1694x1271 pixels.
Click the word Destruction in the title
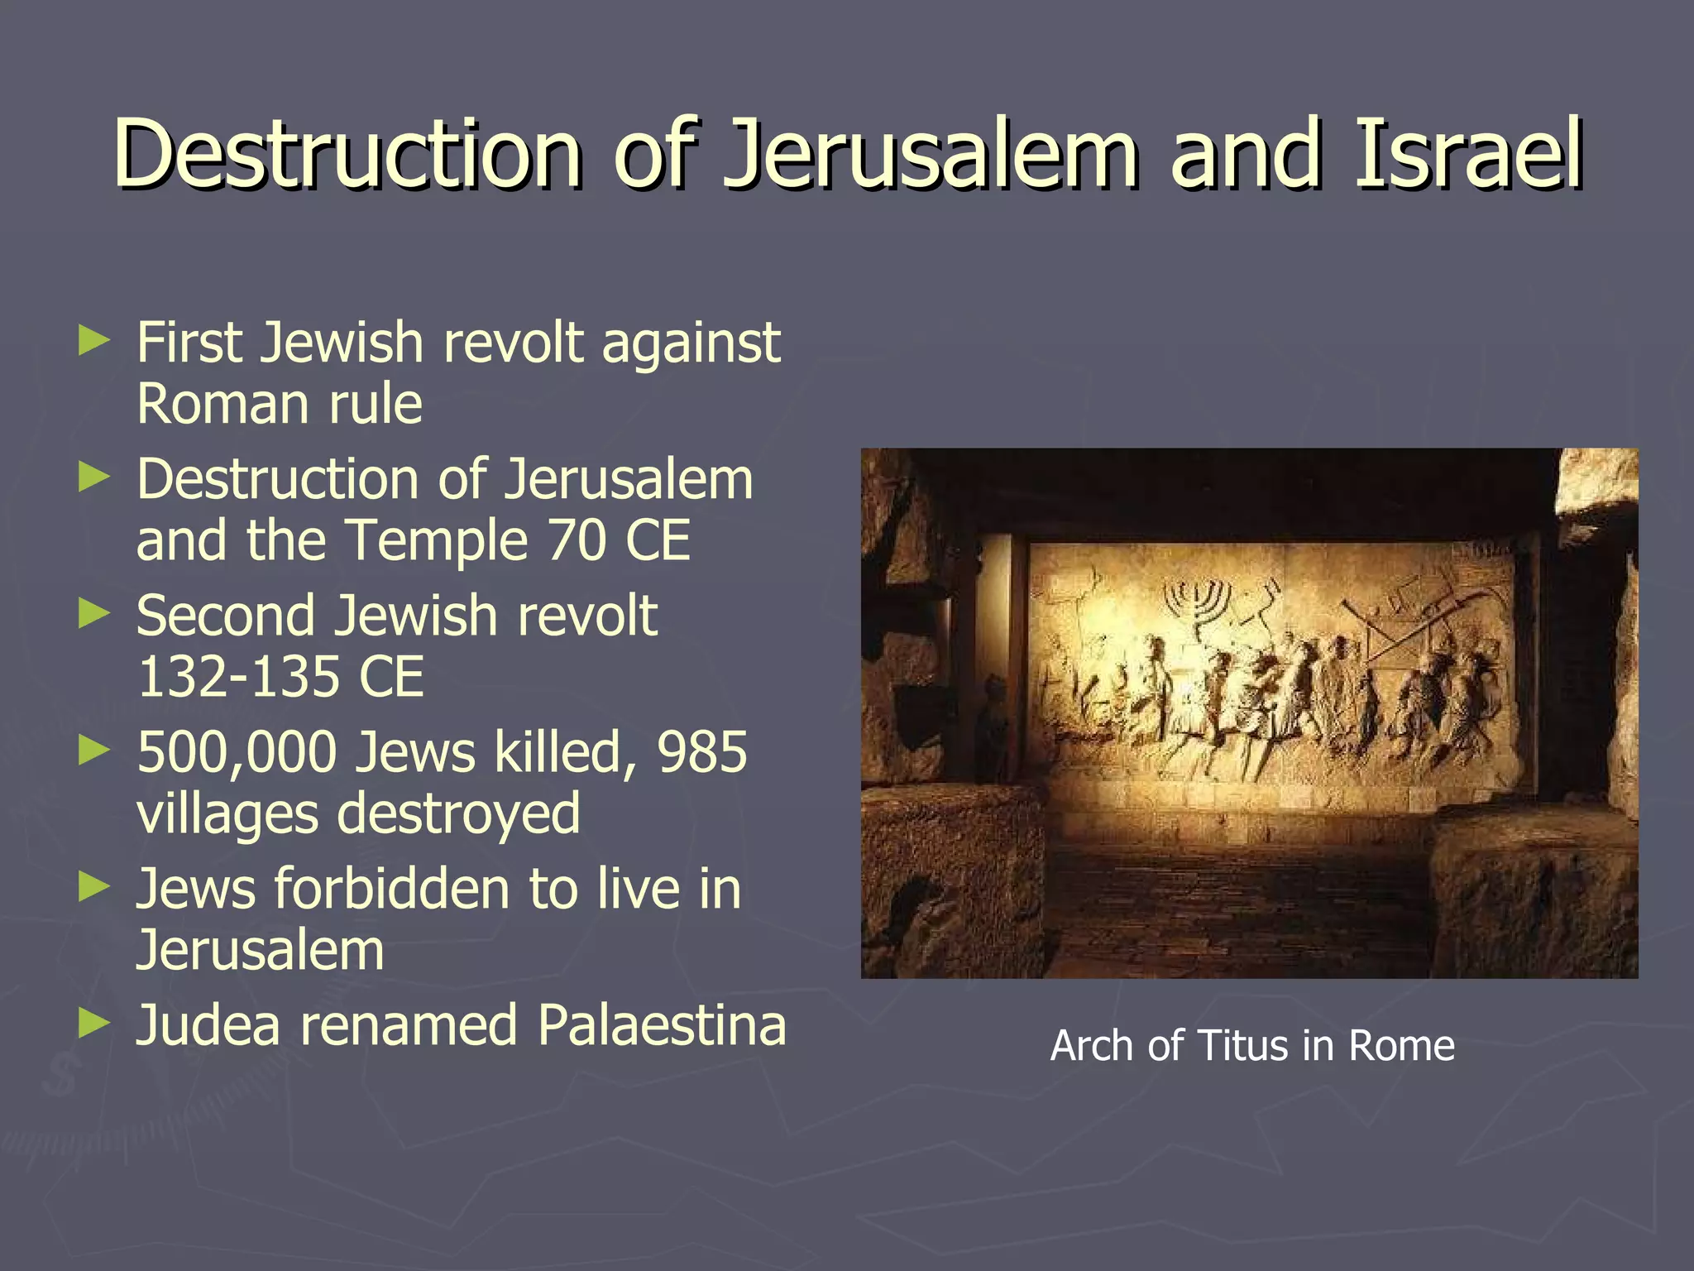(x=347, y=154)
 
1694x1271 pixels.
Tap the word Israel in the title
(x=1469, y=154)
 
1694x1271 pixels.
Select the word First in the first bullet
(x=189, y=343)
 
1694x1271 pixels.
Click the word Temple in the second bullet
(x=437, y=541)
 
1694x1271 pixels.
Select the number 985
(x=701, y=753)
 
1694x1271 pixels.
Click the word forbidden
(x=392, y=889)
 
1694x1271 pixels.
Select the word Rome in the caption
(x=1401, y=1046)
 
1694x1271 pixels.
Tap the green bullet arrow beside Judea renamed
(x=93, y=1024)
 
